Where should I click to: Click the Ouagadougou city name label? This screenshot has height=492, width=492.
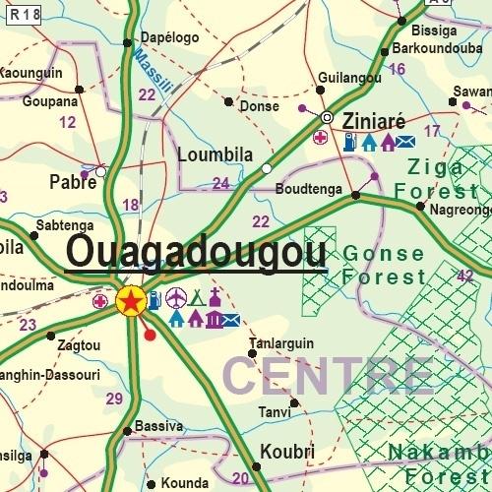pos(196,254)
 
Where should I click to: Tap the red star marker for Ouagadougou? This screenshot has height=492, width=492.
pos(130,301)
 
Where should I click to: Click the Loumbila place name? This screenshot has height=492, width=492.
pos(215,154)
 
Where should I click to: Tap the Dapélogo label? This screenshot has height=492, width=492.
pos(169,37)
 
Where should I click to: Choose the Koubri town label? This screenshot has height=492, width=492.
pos(286,453)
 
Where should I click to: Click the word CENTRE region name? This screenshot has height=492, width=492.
pos(329,376)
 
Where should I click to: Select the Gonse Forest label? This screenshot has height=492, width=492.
pos(385,265)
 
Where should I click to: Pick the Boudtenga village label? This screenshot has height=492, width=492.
pos(309,189)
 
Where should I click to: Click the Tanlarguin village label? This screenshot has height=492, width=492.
pos(281,343)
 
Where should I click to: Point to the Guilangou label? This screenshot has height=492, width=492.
pos(349,77)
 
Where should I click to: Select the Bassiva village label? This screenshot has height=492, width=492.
pos(158,426)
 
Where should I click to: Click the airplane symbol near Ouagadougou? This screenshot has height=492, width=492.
pos(176,297)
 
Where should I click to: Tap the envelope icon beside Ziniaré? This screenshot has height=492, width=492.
pos(405,142)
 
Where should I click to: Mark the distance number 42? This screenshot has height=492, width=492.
pos(465,276)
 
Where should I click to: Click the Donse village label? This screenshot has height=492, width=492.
pos(260,105)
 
